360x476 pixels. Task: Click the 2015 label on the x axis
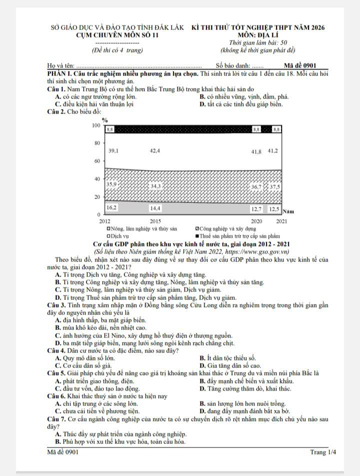[x=155, y=220]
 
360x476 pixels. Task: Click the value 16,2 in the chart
[x=112, y=207]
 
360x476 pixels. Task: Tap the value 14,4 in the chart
[x=155, y=207]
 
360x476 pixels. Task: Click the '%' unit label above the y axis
[x=105, y=120]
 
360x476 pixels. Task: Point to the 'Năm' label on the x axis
[x=288, y=212]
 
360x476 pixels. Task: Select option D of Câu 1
[x=241, y=104]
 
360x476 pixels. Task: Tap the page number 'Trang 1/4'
[x=323, y=452]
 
